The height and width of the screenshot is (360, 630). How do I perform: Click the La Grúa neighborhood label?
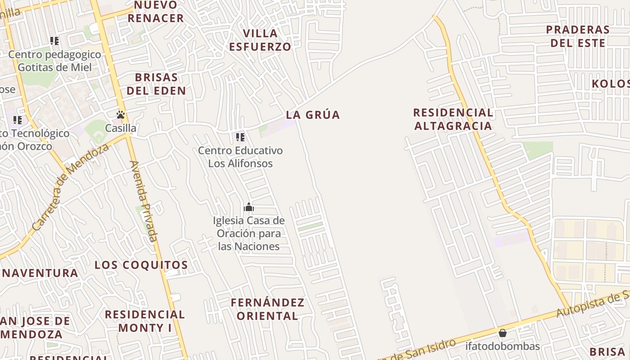(x=313, y=115)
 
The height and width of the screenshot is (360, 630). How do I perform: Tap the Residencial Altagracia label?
(x=453, y=119)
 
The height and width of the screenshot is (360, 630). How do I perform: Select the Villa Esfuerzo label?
(x=260, y=40)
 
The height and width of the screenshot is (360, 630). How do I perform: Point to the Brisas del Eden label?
(x=156, y=84)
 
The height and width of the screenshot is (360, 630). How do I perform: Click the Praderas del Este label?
(x=578, y=36)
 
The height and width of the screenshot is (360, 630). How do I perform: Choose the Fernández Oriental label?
(x=267, y=309)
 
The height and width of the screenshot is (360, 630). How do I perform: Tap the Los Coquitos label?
(x=141, y=265)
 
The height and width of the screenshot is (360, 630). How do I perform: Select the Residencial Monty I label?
(x=145, y=321)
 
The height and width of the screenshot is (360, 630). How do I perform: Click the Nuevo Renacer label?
(x=156, y=12)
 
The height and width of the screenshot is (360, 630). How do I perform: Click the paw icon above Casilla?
(x=120, y=115)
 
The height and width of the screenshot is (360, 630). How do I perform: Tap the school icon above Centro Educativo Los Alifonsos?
(x=240, y=137)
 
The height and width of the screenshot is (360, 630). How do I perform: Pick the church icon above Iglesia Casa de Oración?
(x=249, y=207)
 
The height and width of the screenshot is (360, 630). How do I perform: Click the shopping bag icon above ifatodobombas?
(x=503, y=333)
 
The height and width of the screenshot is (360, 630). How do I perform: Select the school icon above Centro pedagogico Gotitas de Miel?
(x=54, y=41)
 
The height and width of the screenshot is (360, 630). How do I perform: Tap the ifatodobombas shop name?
(x=503, y=346)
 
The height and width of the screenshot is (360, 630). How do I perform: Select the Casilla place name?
(x=121, y=128)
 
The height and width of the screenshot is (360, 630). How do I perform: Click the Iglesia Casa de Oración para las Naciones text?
(x=249, y=234)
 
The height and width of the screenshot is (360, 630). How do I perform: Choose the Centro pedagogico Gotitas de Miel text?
(x=54, y=61)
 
